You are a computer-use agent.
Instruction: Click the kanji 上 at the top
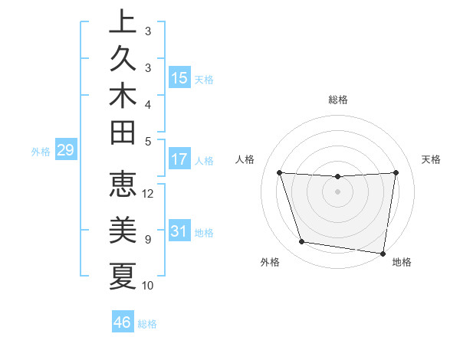pyautogui.click(x=123, y=23)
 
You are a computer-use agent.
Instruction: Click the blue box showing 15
pyautogui.click(x=179, y=77)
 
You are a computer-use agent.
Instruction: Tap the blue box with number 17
pyautogui.click(x=179, y=160)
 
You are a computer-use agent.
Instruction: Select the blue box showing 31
pyautogui.click(x=179, y=231)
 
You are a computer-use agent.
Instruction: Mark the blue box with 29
pyautogui.click(x=65, y=150)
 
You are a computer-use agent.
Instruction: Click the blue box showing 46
pyautogui.click(x=123, y=322)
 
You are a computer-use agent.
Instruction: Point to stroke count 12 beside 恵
pyautogui.click(x=148, y=193)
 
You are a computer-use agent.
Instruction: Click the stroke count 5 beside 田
pyautogui.click(x=148, y=141)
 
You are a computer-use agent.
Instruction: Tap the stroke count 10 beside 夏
pyautogui.click(x=148, y=285)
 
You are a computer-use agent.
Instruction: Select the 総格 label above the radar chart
pyautogui.click(x=338, y=100)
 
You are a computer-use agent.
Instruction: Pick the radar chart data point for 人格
pyautogui.click(x=279, y=173)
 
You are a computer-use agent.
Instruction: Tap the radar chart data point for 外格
pyautogui.click(x=301, y=242)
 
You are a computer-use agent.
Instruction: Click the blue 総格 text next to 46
pyautogui.click(x=147, y=324)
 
